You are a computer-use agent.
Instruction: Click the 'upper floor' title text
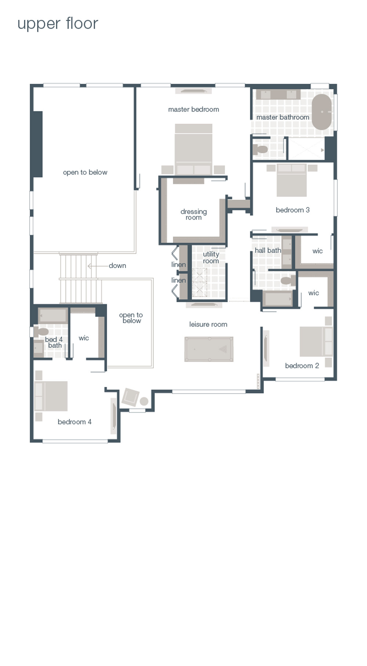click(58, 23)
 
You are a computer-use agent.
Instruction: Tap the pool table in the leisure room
click(209, 349)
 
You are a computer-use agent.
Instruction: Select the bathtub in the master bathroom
click(321, 112)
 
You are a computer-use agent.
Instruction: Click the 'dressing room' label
click(193, 214)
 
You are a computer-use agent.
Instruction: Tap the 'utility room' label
click(211, 257)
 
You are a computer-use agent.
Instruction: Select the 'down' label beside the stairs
click(117, 265)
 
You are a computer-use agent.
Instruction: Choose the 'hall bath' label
click(268, 250)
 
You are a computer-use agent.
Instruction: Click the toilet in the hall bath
click(287, 281)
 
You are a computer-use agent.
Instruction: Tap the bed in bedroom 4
click(51, 396)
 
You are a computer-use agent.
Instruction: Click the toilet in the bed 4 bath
click(40, 332)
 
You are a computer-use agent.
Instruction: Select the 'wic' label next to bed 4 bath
click(84, 338)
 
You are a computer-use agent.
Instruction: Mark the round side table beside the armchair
click(144, 401)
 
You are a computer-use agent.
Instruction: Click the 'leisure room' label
click(208, 324)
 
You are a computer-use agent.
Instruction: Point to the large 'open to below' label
click(85, 172)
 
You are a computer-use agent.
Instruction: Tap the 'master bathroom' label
click(283, 117)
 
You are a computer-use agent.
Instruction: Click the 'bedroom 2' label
click(302, 366)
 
